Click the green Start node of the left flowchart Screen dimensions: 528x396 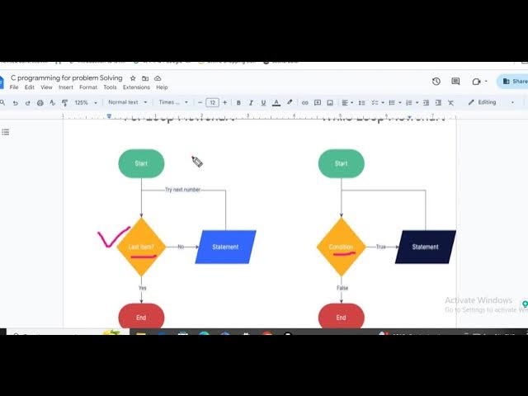click(x=141, y=163)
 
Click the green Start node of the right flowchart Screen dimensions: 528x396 click(x=341, y=163)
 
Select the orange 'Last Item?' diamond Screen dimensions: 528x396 click(x=141, y=247)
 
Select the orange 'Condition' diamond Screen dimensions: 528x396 click(x=341, y=247)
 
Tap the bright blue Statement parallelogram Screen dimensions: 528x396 click(x=225, y=247)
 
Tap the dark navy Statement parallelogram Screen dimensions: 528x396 click(x=425, y=247)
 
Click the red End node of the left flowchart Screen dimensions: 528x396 click(x=141, y=317)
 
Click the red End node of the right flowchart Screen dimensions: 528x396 click(x=341, y=317)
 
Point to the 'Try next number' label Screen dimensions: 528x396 click(x=182, y=190)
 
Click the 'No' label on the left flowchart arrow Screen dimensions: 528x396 click(x=181, y=247)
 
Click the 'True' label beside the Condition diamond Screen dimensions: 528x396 click(x=380, y=247)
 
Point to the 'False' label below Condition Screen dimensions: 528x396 click(x=342, y=287)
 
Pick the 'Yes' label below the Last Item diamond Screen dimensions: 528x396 click(x=142, y=287)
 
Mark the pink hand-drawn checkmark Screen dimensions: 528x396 click(x=113, y=238)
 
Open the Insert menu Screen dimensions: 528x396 click(x=66, y=87)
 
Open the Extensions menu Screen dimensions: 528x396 click(x=136, y=87)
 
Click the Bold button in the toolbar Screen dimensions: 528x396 click(x=238, y=102)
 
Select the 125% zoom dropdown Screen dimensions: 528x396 click(x=84, y=102)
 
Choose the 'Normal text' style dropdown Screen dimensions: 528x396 click(x=126, y=102)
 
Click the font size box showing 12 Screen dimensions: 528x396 click(x=212, y=102)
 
